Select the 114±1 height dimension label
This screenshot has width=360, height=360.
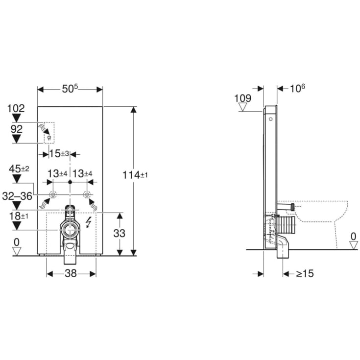pyautogui.click(x=135, y=175)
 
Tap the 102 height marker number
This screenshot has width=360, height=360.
pyautogui.click(x=16, y=108)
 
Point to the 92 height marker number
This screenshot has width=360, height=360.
pyautogui.click(x=17, y=129)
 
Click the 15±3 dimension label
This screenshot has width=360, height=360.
pyautogui.click(x=59, y=154)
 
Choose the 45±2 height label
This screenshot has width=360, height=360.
pyautogui.click(x=19, y=169)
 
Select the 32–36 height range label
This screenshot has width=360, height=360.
pyautogui.click(x=17, y=196)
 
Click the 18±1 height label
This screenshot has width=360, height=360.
pyautogui.click(x=19, y=216)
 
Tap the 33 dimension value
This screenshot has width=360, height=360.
pyautogui.click(x=120, y=234)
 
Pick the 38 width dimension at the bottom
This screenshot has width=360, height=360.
pyautogui.click(x=71, y=273)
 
